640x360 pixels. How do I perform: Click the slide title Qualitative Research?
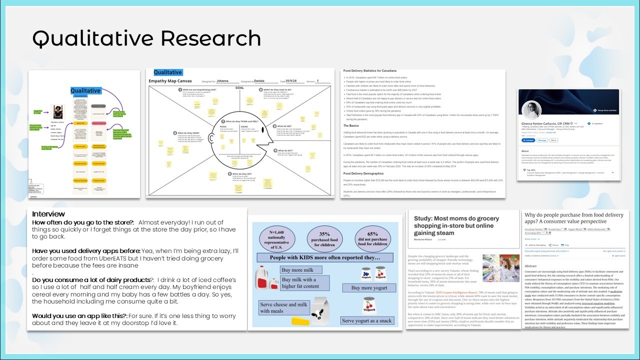pos(146,38)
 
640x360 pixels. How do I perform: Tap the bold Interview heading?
pos(48,214)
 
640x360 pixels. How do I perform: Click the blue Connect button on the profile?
pos(527,140)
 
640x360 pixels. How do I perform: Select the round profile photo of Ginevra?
pos(531,110)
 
